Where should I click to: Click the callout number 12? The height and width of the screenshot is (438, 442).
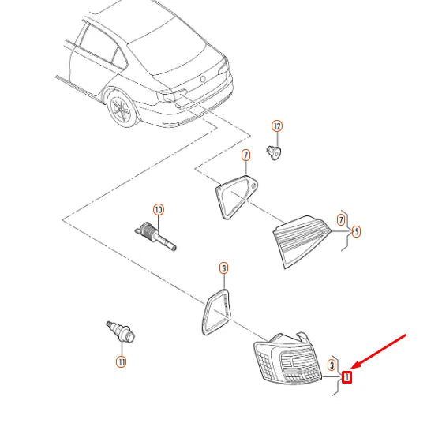coord(277,126)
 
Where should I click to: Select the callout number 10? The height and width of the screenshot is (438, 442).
coord(159,210)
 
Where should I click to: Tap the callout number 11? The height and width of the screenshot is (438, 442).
coord(122,362)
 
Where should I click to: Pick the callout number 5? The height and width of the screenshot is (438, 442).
coord(356,232)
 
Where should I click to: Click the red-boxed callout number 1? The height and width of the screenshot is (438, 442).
coord(346,377)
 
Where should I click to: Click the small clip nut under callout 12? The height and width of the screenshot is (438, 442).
coord(274,152)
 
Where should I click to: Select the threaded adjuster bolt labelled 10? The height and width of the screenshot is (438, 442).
coord(155,236)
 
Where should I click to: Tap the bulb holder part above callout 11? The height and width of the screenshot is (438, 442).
coord(121,331)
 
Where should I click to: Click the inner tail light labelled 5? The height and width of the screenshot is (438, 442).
coord(300,241)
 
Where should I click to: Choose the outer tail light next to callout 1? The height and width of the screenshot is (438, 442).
coord(287,359)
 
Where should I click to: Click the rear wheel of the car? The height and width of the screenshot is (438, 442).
coord(122,110)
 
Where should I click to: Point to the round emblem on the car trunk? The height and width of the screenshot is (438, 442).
coord(203,79)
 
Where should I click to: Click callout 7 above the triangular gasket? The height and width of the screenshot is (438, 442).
coord(245,155)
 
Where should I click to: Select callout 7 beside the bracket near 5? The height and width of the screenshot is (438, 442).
coord(341,219)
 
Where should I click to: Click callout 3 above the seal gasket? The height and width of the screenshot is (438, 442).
coord(224,268)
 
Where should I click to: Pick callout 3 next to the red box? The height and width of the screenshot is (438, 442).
coord(331,365)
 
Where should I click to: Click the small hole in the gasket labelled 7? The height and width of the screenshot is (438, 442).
coord(253,185)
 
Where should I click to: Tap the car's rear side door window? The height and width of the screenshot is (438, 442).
coord(97,43)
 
